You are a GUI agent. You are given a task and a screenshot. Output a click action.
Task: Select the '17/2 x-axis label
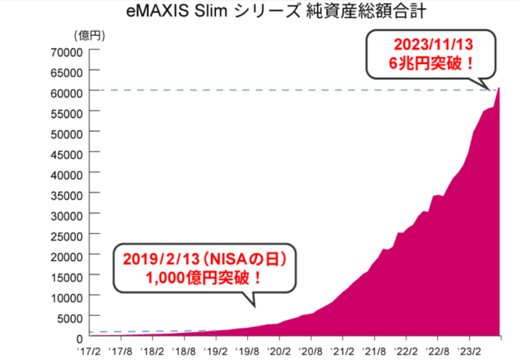pos(91,351)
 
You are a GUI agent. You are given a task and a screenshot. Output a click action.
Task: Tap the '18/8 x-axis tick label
pos(184,351)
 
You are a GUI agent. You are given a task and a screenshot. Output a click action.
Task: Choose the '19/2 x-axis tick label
pos(216,351)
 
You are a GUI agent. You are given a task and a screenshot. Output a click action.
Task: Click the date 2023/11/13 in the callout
pos(433,45)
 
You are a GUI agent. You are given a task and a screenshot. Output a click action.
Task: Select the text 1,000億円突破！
pos(204,278)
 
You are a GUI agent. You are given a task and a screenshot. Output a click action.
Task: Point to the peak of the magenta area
pos(499,89)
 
